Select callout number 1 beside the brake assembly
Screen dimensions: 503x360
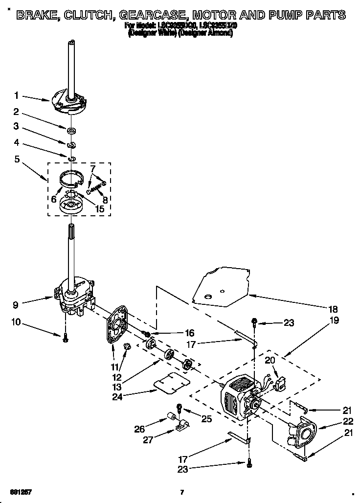coord(16,95)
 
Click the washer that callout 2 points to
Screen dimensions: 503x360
coord(71,131)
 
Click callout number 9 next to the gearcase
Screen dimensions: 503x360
coord(16,304)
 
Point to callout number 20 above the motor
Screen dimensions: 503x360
coord(270,360)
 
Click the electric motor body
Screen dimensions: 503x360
coord(237,399)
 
